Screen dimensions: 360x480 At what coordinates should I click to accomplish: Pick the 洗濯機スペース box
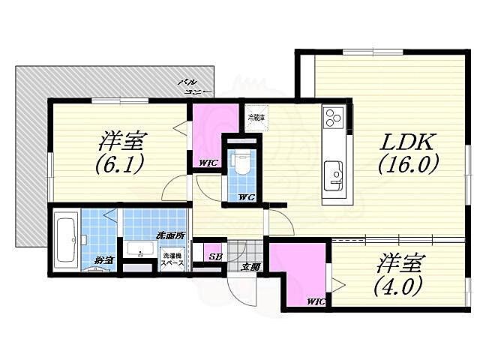[x=173, y=259]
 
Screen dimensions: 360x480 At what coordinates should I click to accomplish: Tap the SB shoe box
[x=214, y=256]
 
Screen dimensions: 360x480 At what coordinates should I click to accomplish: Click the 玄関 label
[x=250, y=267]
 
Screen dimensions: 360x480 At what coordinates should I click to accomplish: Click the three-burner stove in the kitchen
[x=334, y=118]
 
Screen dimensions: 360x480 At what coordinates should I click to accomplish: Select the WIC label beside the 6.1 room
[x=208, y=163]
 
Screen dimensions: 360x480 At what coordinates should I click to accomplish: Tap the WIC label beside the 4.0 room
[x=315, y=302]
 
